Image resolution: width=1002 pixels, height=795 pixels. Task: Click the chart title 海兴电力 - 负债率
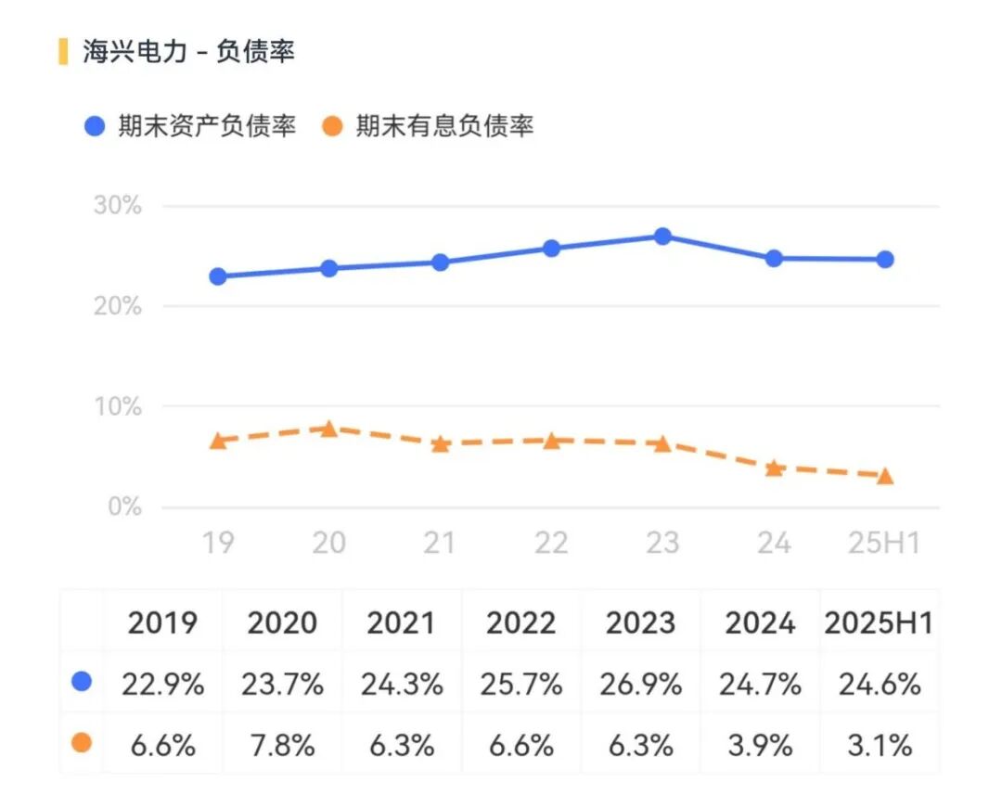(x=188, y=52)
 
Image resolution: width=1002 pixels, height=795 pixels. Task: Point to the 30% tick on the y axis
(x=118, y=205)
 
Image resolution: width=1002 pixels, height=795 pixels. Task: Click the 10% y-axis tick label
(x=118, y=406)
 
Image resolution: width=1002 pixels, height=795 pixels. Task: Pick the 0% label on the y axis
(x=124, y=507)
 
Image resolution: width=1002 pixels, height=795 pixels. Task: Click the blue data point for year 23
(x=662, y=237)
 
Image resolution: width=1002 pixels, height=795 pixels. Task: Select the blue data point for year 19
(x=218, y=276)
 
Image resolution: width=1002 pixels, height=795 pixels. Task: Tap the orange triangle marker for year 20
(x=328, y=429)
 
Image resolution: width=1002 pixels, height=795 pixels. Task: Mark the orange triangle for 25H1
(x=885, y=476)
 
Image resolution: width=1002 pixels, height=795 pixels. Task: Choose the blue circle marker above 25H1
(x=885, y=260)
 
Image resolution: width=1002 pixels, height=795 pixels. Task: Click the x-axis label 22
(x=551, y=543)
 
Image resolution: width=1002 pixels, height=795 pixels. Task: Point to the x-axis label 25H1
(x=884, y=543)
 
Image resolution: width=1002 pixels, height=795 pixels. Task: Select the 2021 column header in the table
(x=402, y=623)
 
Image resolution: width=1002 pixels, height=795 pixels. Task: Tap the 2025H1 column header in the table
(x=878, y=623)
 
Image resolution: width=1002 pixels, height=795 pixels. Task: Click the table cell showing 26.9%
(x=641, y=685)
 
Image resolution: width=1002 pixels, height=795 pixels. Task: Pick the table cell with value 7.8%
(x=282, y=745)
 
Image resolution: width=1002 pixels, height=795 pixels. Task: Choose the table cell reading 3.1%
(x=878, y=745)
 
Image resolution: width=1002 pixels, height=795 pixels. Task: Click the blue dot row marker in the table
(x=82, y=683)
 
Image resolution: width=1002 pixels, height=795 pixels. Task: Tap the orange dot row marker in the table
(x=82, y=743)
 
